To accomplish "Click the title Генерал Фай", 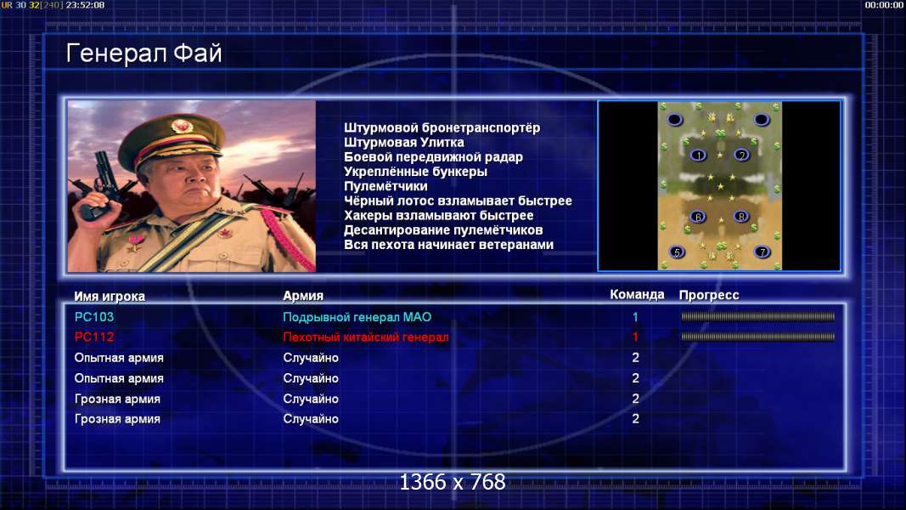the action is tap(143, 54).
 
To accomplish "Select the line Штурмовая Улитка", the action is tap(404, 142).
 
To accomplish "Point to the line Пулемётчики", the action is tap(386, 186).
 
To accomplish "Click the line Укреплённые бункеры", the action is tap(415, 172).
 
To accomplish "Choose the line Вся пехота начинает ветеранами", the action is tap(449, 245).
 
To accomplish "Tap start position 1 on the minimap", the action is tap(699, 155).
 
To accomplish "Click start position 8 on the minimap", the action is tap(741, 217).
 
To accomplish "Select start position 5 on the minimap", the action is tap(677, 252).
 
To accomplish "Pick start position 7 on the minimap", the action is tap(763, 252).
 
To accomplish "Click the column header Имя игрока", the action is tap(110, 296).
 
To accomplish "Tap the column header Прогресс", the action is tap(709, 295).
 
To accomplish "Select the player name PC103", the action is tap(94, 317).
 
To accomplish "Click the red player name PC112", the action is tap(94, 337).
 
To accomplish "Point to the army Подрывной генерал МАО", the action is tap(357, 317).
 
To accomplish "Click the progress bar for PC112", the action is tap(758, 337).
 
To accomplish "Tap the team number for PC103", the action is tap(635, 317).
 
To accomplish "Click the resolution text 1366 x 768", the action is tap(453, 482).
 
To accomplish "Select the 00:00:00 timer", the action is tap(884, 5).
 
